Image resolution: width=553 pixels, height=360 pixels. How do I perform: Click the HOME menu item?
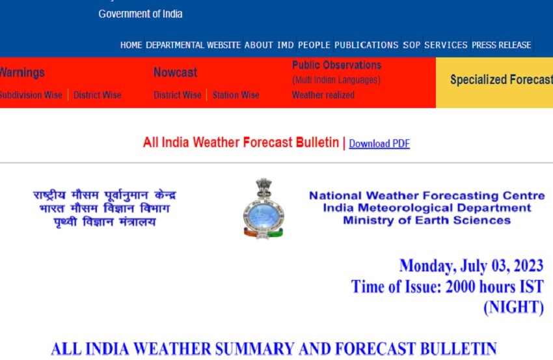131,45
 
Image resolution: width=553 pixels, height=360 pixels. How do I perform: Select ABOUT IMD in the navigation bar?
269,45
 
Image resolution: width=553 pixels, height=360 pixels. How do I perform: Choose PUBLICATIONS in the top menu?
366,45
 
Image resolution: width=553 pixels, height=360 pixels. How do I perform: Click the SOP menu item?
411,45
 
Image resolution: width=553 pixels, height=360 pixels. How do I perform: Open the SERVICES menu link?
446,45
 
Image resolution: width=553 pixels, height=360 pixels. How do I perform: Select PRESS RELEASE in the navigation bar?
501,45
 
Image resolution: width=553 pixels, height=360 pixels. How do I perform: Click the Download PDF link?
379,144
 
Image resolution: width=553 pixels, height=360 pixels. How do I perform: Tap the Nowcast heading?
175,72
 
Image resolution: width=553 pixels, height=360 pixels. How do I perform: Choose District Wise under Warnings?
97,95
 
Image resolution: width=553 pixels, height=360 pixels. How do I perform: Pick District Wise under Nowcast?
177,95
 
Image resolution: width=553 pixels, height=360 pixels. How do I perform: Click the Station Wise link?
236,95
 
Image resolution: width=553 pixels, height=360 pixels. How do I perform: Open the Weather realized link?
323,95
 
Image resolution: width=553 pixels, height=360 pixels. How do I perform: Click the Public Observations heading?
336,65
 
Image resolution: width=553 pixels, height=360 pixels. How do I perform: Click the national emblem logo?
263,208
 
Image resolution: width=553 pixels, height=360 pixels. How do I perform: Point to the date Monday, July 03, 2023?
471,266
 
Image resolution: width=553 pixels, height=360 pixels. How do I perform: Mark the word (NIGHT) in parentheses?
513,308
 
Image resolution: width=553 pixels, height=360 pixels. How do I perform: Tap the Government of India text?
141,14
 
